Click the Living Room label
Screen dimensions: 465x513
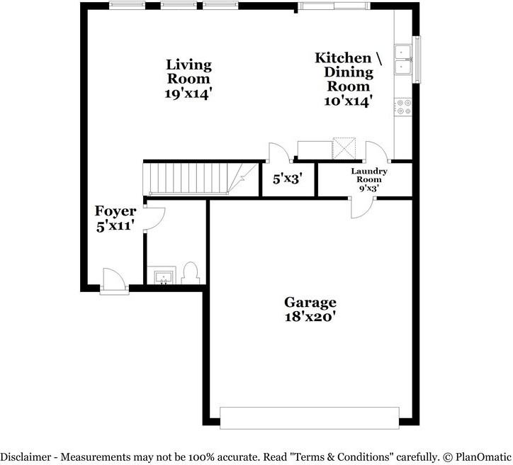point(188,72)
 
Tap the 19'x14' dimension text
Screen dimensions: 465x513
point(188,92)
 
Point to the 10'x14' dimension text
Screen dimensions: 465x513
point(348,101)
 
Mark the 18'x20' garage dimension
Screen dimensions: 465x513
point(310,317)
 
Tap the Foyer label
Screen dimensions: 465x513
point(115,211)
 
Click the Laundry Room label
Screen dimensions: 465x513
point(369,175)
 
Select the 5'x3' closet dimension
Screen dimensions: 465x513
point(288,179)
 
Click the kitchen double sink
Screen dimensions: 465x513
point(403,59)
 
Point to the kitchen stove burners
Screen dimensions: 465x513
point(404,106)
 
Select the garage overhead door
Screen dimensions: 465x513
point(309,418)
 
